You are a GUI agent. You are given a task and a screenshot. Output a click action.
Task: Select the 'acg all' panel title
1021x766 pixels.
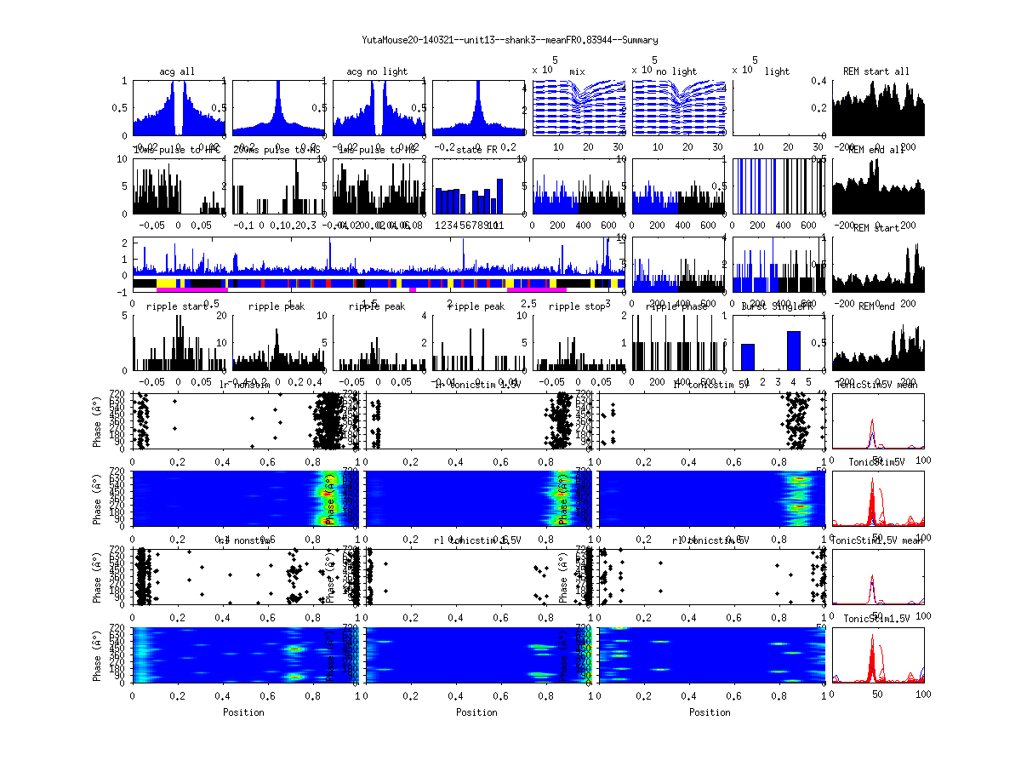(177, 71)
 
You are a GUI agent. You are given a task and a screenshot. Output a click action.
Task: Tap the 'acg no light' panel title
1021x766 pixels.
(377, 71)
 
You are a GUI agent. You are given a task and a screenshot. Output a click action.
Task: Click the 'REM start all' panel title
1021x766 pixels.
(876, 71)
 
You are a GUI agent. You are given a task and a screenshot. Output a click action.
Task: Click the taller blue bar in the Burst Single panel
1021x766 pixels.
(793, 350)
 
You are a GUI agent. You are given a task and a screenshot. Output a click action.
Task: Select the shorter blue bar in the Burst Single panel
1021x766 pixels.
(747, 357)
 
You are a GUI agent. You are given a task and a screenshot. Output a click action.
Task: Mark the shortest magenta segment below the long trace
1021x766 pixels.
(413, 290)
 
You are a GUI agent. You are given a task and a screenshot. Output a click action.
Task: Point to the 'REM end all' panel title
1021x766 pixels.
(876, 150)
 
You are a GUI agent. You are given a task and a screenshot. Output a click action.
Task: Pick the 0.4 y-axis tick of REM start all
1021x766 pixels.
(824, 81)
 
